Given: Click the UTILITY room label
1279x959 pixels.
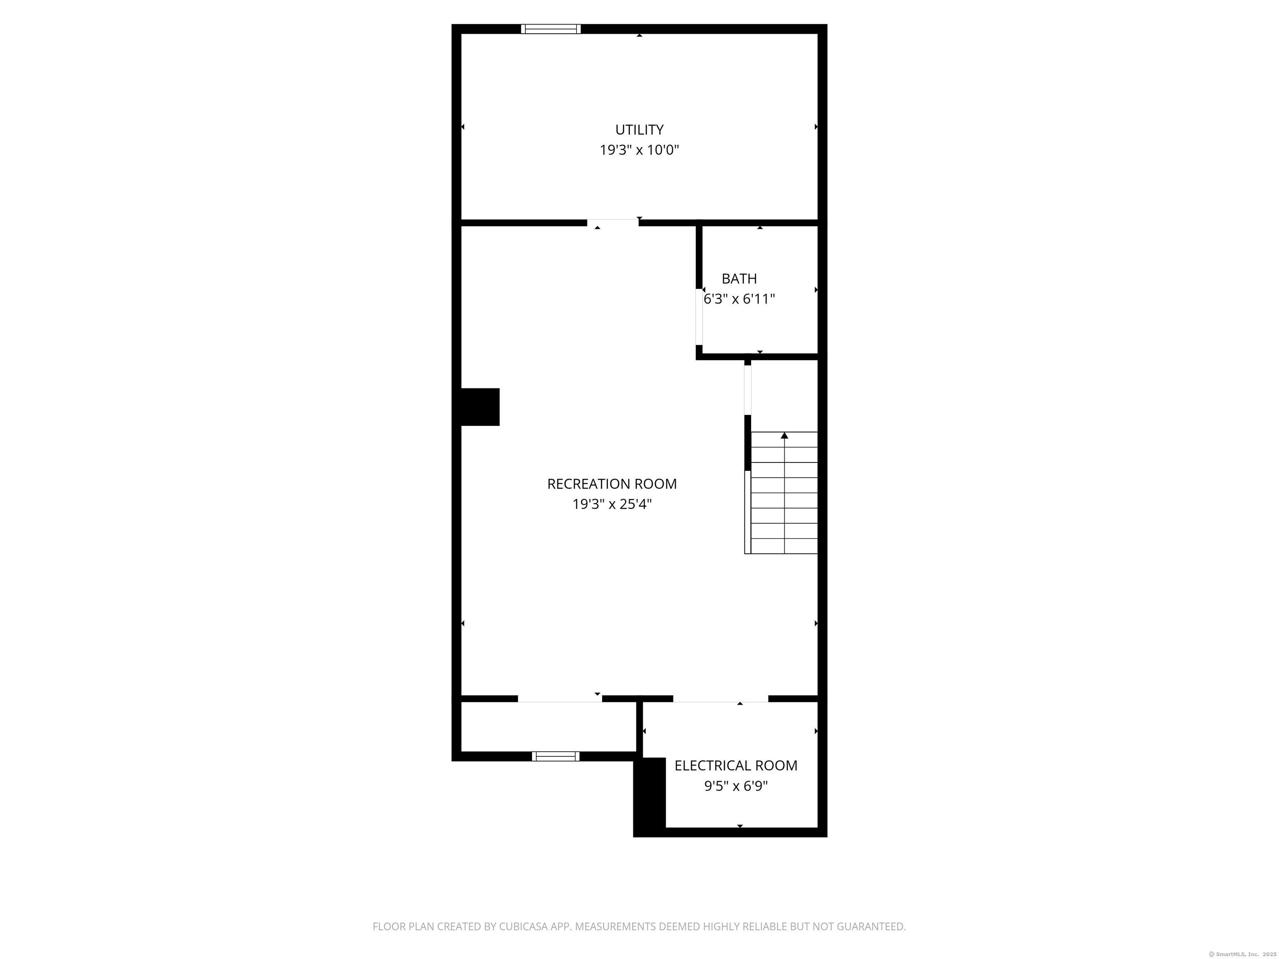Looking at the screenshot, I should coord(639,129).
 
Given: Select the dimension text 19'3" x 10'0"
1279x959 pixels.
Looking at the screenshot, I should coord(639,150).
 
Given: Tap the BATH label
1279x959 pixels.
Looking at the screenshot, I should coord(739,278).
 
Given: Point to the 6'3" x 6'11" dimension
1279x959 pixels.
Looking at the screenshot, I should coord(739,299).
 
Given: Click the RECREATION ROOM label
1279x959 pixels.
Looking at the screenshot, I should coord(612,484).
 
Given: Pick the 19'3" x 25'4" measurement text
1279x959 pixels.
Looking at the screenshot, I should coord(612,504).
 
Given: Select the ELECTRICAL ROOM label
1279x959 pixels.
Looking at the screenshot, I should coord(736,765).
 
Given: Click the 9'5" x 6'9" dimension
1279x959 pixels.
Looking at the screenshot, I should coord(736,786).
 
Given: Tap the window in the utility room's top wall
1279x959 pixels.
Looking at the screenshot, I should coord(550,29).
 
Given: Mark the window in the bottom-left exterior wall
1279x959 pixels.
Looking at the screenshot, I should coord(555,756).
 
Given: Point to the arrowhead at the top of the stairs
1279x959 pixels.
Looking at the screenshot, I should coord(784,435).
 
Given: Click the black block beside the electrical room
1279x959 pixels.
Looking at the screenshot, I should coord(650,797).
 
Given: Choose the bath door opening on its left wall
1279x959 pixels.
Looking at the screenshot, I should coord(699,317).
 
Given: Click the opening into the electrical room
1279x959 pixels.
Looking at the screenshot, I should coord(720,699).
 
